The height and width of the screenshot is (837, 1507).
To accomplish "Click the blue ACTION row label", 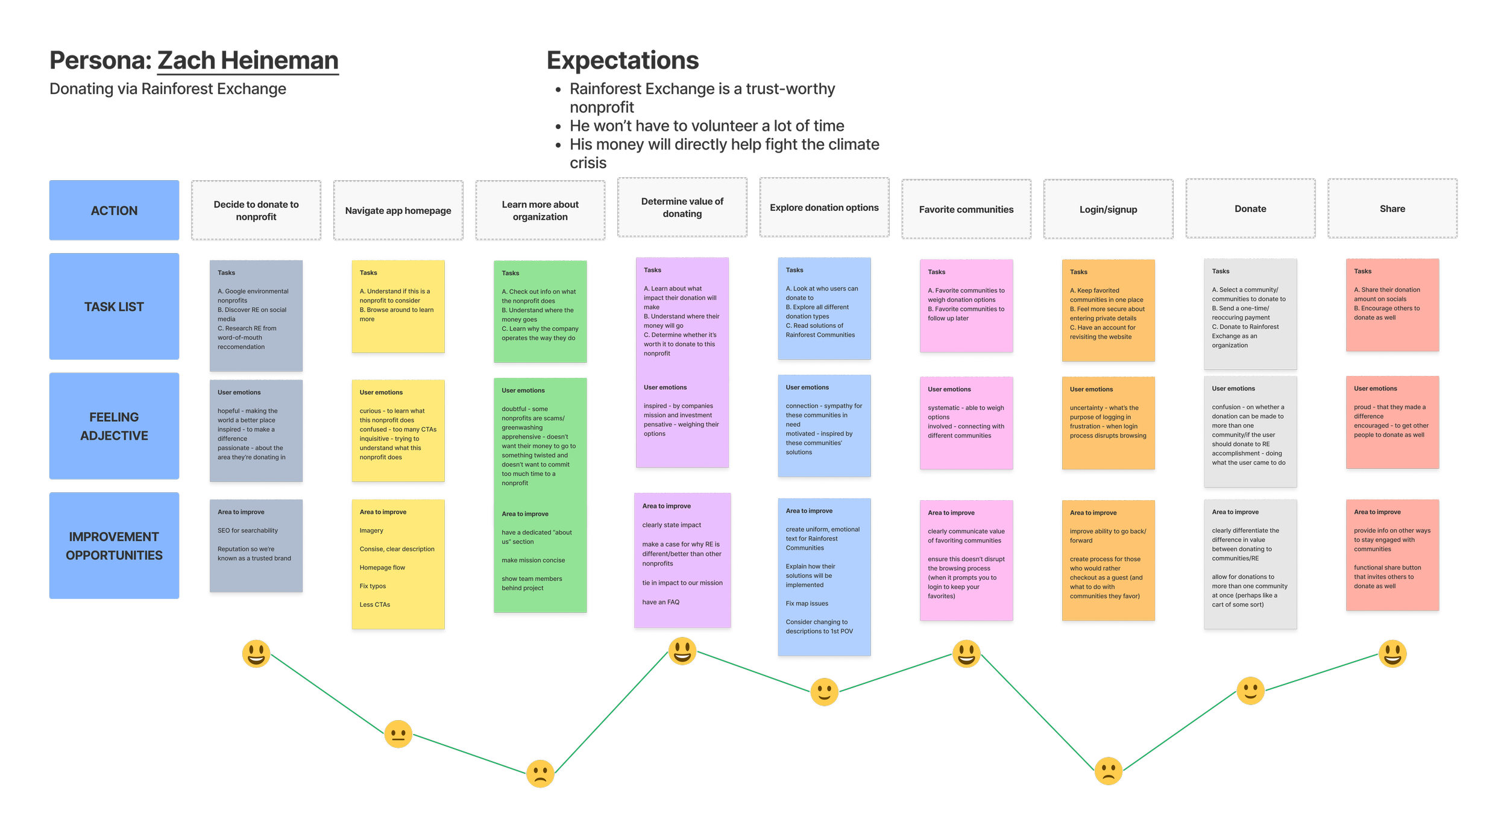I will (114, 210).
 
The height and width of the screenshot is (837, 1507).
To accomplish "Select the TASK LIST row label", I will (114, 307).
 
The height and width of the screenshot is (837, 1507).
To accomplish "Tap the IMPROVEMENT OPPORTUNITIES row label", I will (114, 546).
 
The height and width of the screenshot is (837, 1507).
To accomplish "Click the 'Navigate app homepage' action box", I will (398, 210).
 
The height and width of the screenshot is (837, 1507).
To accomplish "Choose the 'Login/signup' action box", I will (1108, 209).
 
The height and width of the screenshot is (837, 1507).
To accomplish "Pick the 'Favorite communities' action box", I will (966, 209).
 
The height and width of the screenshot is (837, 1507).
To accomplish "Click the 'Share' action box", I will (1392, 208).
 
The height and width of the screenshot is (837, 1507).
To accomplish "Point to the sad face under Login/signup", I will (1108, 771).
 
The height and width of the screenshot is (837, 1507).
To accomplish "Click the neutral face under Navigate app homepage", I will (398, 734).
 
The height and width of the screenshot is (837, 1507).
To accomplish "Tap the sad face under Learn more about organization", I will (540, 774).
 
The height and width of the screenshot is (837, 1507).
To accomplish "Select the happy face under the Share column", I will (1392, 654).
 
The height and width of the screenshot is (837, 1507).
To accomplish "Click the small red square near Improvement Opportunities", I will (187, 607).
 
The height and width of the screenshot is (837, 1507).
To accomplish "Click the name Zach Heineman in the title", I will (248, 60).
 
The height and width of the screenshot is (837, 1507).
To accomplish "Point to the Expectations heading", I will (623, 60).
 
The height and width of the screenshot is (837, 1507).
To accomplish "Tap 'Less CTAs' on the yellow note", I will (375, 604).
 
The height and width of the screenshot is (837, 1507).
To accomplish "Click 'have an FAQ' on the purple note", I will (661, 602).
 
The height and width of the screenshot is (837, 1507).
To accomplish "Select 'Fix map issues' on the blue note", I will (807, 603).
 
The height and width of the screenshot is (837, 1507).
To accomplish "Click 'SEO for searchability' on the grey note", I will (248, 530).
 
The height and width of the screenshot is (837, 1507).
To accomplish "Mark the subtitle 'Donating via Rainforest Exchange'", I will (168, 89).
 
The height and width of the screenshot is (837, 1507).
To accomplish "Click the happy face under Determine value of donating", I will (682, 651).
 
